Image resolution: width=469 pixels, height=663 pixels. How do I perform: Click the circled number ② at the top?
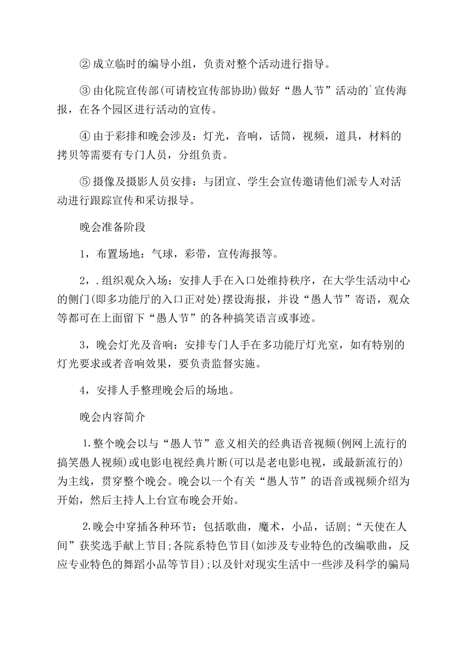85,64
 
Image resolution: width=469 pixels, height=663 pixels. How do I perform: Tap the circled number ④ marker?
85,136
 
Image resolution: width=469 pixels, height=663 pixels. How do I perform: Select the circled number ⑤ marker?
85,182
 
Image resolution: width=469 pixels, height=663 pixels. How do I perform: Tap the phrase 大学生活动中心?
366,281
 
